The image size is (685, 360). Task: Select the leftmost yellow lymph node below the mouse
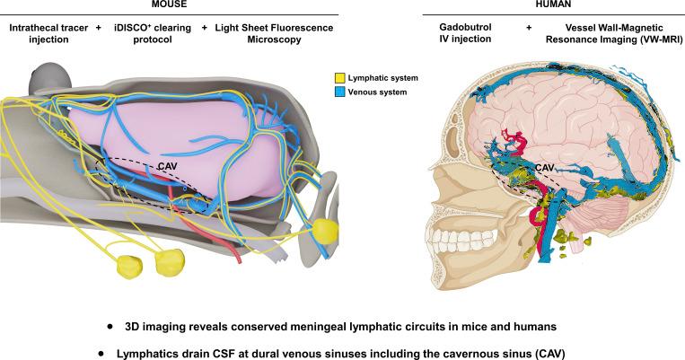[129, 265]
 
